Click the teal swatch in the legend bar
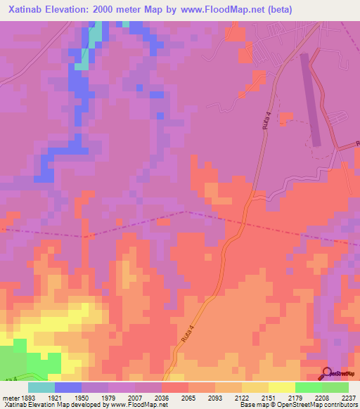pos(41,387)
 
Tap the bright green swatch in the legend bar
pos(308,387)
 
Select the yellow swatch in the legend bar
pos(281,387)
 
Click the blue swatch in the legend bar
pos(68,387)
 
